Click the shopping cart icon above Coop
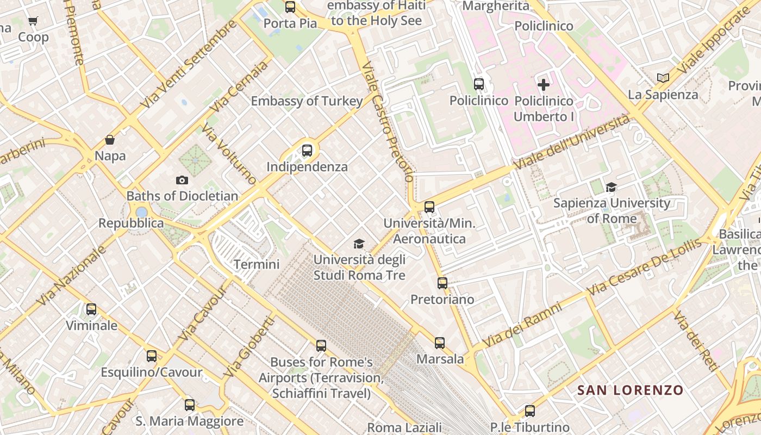coord(33,21)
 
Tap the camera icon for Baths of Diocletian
coord(182,180)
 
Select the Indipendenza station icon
coord(307,151)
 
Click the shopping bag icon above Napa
coord(110,140)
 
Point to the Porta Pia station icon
coord(290,7)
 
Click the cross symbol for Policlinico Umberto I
coord(543,84)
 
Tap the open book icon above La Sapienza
coord(663,78)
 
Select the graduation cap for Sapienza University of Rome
coord(611,188)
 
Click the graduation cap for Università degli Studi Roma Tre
coord(359,244)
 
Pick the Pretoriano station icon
coord(442,283)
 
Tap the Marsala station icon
coord(440,343)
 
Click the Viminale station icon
coord(91,309)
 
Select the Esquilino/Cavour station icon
coord(152,356)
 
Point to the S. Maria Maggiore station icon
coord(189,405)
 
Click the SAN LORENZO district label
coord(630,390)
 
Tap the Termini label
coord(257,265)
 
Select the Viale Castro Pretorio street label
coord(387,122)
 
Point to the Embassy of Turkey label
coord(307,101)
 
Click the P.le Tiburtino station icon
coord(530,411)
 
